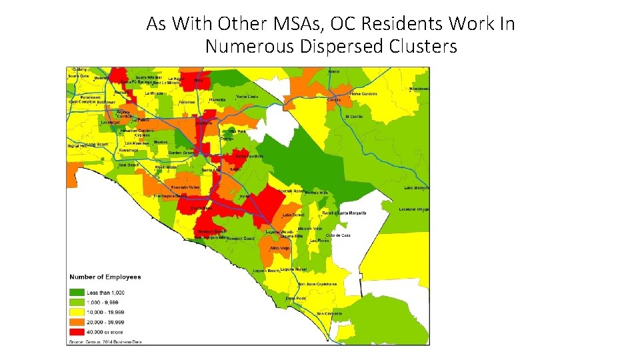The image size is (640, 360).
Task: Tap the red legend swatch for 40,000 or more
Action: pos(76,331)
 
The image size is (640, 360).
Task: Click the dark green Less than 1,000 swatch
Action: pos(76,293)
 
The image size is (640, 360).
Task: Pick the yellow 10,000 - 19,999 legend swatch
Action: pos(76,312)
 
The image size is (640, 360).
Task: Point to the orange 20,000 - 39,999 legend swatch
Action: pos(76,321)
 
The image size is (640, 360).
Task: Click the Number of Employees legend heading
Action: pos(105,277)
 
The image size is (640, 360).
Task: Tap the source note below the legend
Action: pos(103,341)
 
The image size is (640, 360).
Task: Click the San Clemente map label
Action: pos(329,313)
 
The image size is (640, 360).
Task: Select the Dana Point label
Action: pos(295,298)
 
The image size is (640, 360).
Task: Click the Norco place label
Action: pos(333,71)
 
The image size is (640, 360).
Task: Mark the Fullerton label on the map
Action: pos(187,102)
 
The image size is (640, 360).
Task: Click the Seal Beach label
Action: pos(129,165)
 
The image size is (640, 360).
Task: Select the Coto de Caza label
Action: pos(338,236)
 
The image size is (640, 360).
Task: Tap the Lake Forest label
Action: pos(294,215)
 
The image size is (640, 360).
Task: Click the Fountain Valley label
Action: pos(185,187)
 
